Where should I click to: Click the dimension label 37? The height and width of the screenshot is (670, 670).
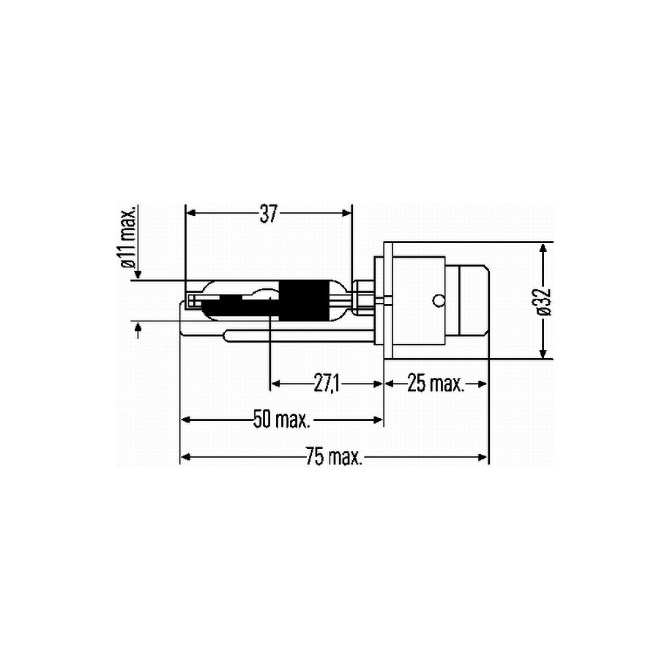(269, 214)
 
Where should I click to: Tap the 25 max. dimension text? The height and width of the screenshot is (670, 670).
(436, 383)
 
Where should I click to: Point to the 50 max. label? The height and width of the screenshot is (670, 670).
(282, 419)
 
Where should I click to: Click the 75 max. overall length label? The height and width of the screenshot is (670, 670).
(334, 457)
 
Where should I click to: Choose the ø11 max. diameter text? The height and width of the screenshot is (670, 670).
(128, 237)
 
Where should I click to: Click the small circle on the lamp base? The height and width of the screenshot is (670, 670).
(439, 301)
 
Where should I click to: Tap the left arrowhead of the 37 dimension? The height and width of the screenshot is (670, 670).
(191, 213)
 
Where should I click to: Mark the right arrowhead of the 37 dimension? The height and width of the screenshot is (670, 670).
(346, 213)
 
